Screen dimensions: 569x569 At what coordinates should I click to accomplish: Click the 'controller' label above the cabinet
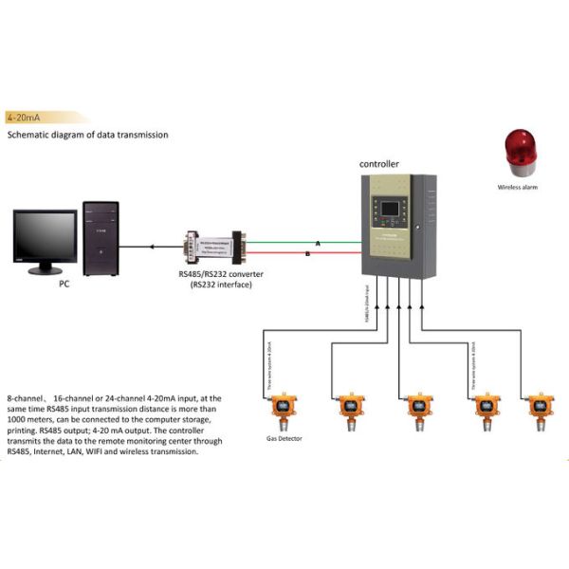pyautogui.click(x=378, y=163)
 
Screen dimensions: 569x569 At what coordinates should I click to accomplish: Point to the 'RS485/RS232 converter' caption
pyautogui.click(x=221, y=274)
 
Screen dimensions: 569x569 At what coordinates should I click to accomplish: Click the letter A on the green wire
pyautogui.click(x=318, y=244)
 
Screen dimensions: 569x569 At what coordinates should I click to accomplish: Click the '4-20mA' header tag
pyautogui.click(x=23, y=118)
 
